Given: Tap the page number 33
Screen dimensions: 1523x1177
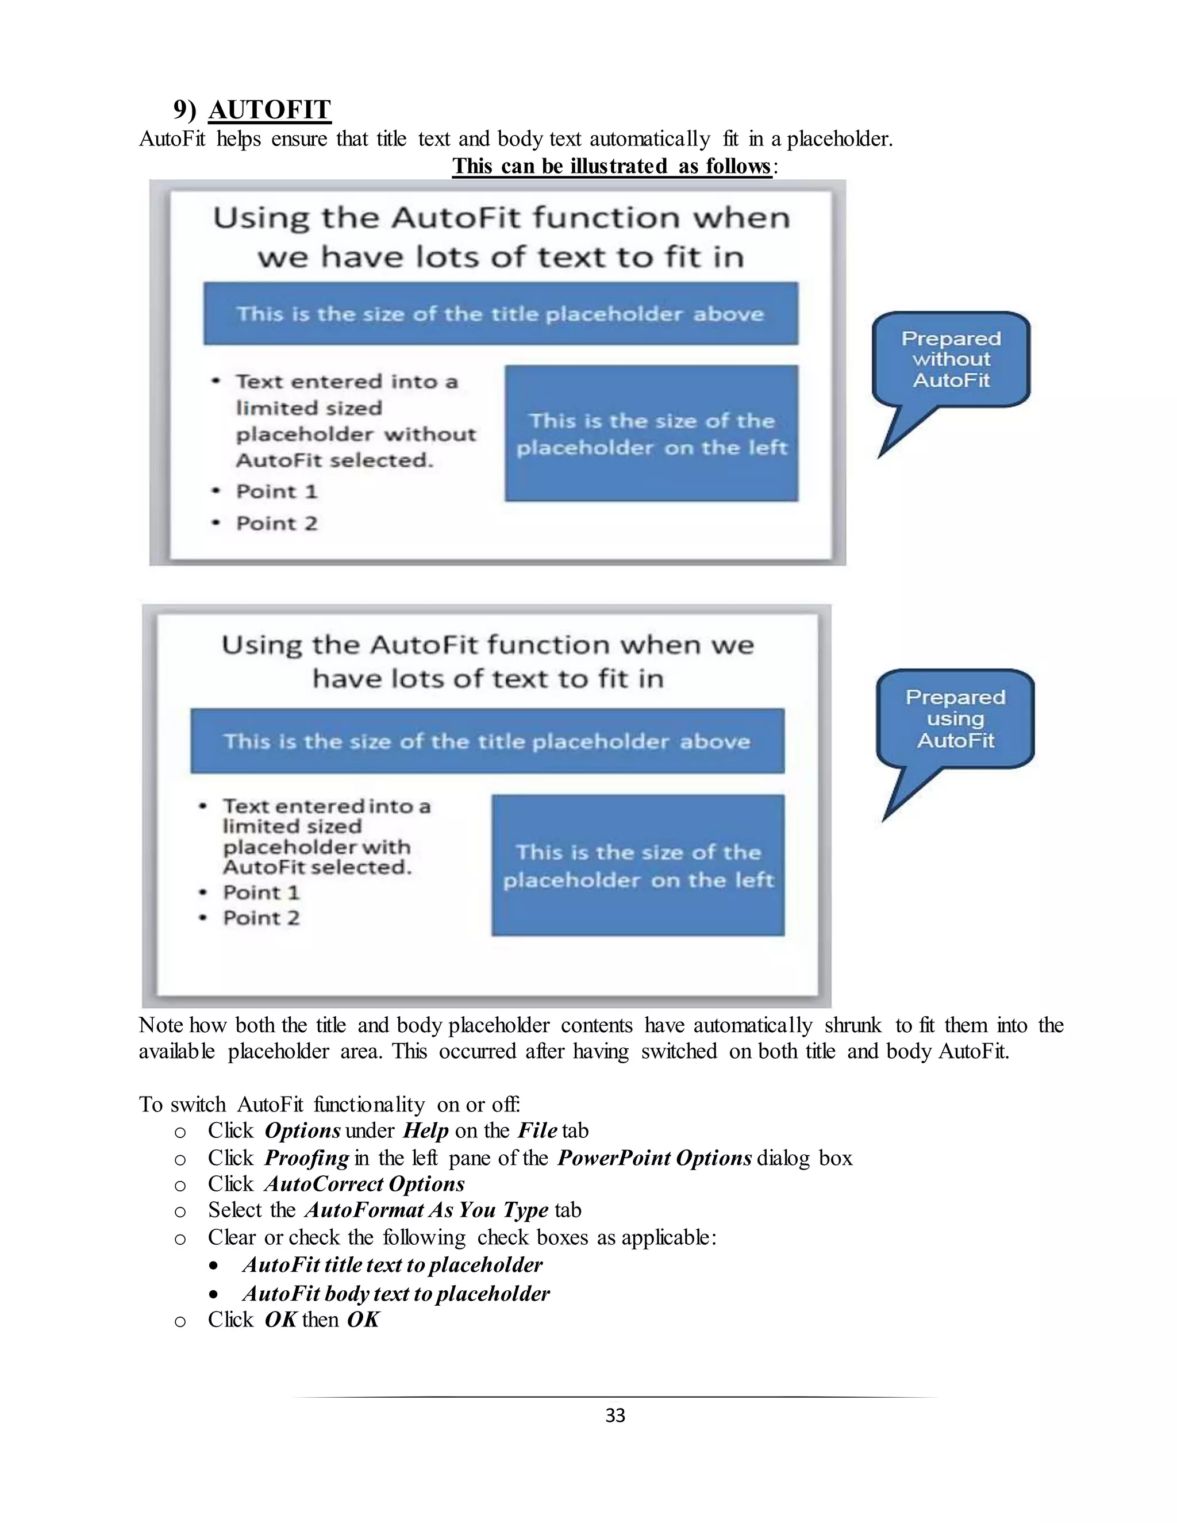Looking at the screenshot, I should [x=615, y=1415].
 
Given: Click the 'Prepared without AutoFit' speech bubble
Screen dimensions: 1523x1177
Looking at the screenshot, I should [x=951, y=360].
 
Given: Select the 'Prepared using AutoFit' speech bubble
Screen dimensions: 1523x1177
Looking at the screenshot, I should [x=955, y=719].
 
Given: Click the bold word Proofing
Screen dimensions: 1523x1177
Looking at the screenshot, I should [x=306, y=1157].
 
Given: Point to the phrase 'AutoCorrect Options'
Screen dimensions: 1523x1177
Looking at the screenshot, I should [x=364, y=1184].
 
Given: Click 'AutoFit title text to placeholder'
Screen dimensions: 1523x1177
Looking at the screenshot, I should [x=392, y=1265].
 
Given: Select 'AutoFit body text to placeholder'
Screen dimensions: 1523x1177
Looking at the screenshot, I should [x=395, y=1294].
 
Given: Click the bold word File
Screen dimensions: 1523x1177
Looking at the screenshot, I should [x=537, y=1130].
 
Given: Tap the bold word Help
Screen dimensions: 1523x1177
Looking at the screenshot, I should [x=425, y=1130].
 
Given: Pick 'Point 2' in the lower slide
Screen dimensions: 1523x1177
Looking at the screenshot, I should [x=261, y=918].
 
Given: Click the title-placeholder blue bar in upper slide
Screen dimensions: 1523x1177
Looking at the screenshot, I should [x=501, y=314].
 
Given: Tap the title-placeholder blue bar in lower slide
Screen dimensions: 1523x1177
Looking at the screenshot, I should [x=487, y=741].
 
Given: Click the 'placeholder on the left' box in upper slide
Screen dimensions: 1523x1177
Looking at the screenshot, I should [x=651, y=433].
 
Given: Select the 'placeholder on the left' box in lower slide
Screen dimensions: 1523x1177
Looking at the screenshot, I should [x=638, y=866].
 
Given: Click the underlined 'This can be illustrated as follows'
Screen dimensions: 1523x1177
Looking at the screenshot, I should [x=611, y=166].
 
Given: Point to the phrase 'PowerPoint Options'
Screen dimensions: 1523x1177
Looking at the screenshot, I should [x=654, y=1157].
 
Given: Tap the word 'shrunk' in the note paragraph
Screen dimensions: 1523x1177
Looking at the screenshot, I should [x=853, y=1025].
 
